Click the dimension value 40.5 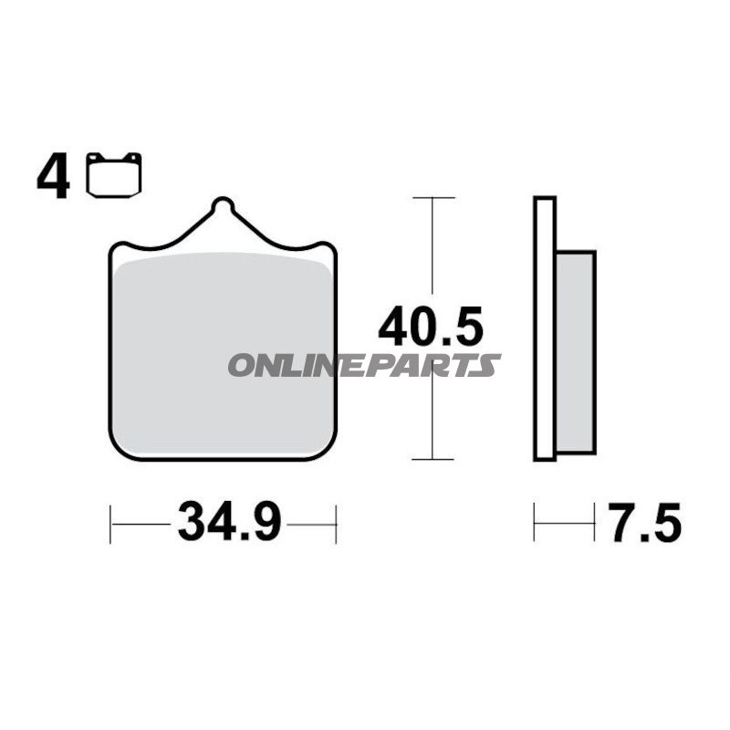pos(430,327)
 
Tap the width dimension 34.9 pos(229,523)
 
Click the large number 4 pos(53,177)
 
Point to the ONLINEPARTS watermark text pos(364,366)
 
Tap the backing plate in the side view pos(545,328)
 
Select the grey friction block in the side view pos(575,351)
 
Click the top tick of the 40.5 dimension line pos(431,197)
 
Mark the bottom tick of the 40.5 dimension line pos(431,460)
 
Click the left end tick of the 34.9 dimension pos(110,524)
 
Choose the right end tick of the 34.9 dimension pos(336,524)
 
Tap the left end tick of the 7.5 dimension pos(535,524)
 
